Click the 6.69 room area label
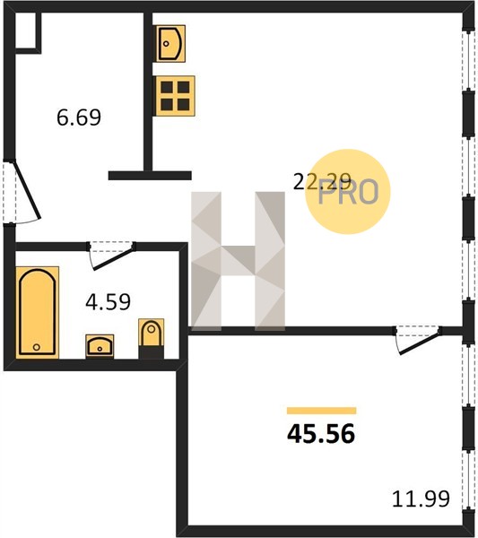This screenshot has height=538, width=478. (79, 117)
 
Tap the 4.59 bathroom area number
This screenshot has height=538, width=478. (108, 302)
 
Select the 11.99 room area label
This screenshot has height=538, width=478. (421, 499)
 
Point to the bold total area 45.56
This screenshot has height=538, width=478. (321, 434)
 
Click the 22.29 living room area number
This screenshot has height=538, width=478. (322, 181)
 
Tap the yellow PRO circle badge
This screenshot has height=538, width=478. (348, 192)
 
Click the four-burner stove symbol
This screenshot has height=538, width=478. (175, 96)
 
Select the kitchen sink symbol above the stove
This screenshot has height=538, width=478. (171, 44)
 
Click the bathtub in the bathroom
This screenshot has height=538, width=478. (37, 312)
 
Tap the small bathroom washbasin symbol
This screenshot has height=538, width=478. (100, 346)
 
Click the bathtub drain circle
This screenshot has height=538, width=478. (37, 347)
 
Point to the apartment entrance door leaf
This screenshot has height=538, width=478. (27, 190)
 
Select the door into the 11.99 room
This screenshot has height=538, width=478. (418, 341)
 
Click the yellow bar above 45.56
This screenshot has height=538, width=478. (322, 411)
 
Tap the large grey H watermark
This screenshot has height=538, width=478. (238, 261)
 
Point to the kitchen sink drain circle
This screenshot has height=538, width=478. (167, 44)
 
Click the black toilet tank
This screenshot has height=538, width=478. (151, 352)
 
